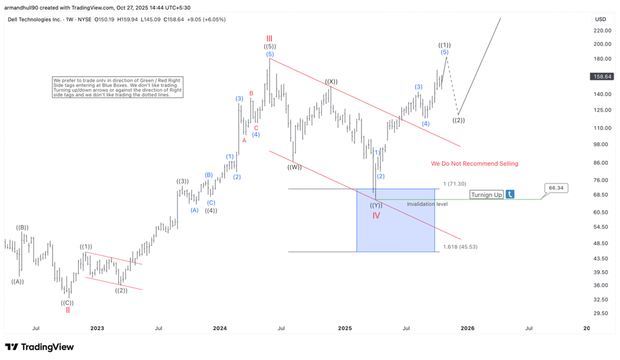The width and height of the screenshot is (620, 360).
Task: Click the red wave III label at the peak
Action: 269,38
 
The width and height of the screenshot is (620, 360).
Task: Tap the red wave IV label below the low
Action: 376,215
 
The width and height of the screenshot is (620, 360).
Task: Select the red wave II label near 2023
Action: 68,310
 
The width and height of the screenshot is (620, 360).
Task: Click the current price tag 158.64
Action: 603,76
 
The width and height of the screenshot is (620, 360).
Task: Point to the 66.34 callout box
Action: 556,188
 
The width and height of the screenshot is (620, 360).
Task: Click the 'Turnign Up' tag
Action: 486,195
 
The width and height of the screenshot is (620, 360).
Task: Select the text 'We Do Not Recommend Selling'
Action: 474,164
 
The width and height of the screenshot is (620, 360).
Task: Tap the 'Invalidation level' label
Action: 427,204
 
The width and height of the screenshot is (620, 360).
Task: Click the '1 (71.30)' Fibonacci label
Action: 454,185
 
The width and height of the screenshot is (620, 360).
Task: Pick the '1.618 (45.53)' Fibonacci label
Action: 460,247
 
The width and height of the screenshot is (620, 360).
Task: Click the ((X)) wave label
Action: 331,82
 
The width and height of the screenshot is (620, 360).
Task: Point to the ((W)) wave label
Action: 294,167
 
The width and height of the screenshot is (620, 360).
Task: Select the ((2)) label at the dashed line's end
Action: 459,120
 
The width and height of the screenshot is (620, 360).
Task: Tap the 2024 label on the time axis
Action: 219,328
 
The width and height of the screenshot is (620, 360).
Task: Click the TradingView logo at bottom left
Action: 39,347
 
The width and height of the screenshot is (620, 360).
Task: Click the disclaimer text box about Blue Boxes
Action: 118,87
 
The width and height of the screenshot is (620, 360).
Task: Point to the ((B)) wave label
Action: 22,227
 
